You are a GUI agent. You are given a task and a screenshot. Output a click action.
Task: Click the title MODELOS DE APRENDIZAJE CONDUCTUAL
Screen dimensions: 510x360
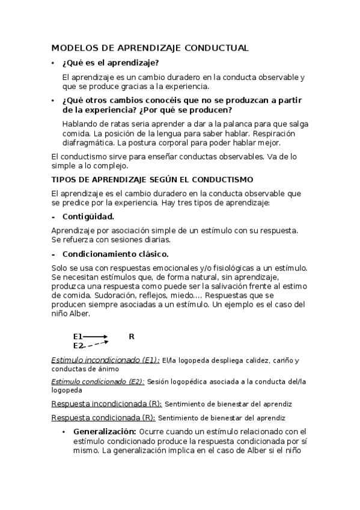[x=150, y=48]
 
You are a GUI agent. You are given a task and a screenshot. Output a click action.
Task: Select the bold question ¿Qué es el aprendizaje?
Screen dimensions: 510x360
[x=111, y=63]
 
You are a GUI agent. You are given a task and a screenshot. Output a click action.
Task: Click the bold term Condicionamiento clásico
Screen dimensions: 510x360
[x=115, y=254]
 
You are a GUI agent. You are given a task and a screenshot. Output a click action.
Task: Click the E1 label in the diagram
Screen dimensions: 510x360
[x=78, y=337]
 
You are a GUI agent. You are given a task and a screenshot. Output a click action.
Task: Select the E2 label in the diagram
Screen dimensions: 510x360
[x=78, y=346]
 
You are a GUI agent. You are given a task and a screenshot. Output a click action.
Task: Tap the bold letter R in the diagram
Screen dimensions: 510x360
[x=132, y=337]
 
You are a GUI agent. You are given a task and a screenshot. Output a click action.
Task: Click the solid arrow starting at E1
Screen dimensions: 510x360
[x=96, y=337]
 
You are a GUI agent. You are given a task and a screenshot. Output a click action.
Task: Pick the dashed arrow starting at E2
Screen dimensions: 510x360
[x=96, y=345]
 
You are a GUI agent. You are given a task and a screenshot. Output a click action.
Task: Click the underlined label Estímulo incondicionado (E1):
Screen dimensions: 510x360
[x=105, y=360]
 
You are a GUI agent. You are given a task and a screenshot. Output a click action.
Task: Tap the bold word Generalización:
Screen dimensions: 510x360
[x=105, y=431]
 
